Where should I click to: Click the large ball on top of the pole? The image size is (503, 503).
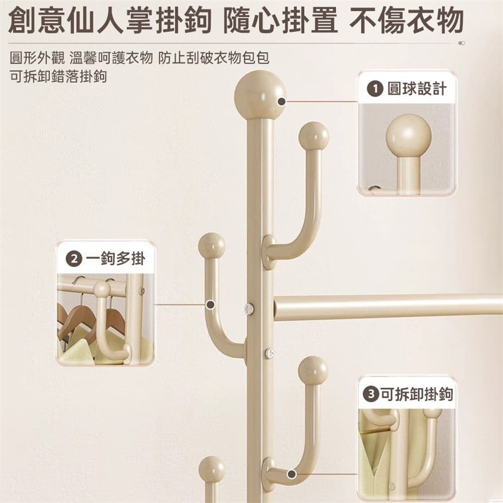260,95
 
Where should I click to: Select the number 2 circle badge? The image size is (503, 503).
74,258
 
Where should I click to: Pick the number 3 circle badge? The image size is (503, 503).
371,393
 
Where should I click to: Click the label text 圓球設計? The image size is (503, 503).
417,89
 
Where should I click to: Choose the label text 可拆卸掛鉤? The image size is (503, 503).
417,393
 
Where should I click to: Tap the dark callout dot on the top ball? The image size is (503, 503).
282,101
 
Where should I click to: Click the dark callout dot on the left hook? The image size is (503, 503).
210,305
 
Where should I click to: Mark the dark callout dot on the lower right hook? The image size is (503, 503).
291,474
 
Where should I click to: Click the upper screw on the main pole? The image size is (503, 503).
248,309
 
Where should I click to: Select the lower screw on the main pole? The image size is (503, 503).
269,353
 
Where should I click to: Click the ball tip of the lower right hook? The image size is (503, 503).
313,370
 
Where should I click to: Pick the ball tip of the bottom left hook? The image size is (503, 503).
212,469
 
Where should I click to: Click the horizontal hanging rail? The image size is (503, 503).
388,307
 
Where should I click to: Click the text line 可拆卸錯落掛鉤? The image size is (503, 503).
58,76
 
